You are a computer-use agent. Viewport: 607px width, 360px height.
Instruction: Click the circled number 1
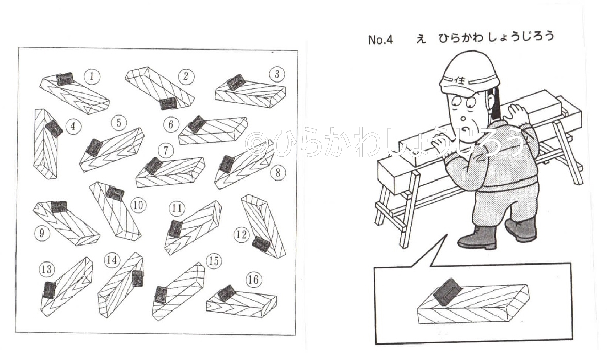pyautogui.click(x=92, y=76)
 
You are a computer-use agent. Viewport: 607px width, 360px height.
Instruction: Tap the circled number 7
pyautogui.click(x=166, y=150)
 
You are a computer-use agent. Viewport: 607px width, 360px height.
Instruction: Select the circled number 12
pyautogui.click(x=241, y=235)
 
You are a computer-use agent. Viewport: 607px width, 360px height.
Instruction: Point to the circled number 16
pyautogui.click(x=253, y=280)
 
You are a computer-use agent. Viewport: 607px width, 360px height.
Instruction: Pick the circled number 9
pyautogui.click(x=42, y=233)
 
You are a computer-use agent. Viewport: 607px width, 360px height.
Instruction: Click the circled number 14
pyautogui.click(x=111, y=260)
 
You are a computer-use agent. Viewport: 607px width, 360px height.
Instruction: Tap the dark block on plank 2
pyautogui.click(x=168, y=103)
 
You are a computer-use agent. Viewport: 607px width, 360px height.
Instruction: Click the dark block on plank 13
pyautogui.click(x=49, y=290)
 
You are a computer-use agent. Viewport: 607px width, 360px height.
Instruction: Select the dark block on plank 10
pyautogui.click(x=115, y=193)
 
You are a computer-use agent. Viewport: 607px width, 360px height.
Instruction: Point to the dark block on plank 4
pyautogui.click(x=54, y=128)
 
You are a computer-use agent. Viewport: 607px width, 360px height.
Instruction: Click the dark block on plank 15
pyautogui.click(x=161, y=294)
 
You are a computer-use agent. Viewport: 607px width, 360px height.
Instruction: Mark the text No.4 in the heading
pyautogui.click(x=380, y=40)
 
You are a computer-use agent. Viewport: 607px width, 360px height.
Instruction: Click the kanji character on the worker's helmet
pyautogui.click(x=460, y=80)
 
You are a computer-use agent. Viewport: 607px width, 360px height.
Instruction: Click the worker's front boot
pyautogui.click(x=477, y=237)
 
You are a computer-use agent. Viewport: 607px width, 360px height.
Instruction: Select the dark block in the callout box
pyautogui.click(x=447, y=291)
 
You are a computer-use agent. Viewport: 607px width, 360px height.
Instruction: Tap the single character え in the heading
pyautogui.click(x=421, y=38)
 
